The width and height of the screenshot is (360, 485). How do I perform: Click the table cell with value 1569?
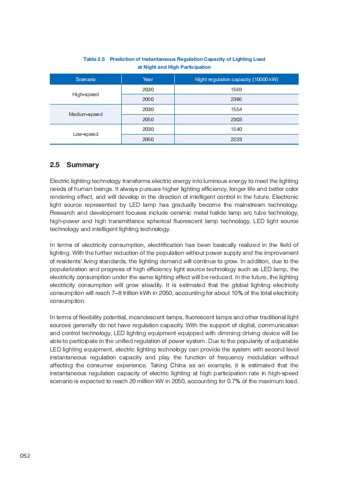tap(236, 90)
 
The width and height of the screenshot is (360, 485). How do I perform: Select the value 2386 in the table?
tap(236, 100)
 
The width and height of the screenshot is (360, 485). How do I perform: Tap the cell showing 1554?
tap(236, 109)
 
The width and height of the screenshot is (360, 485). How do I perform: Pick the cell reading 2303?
tap(236, 119)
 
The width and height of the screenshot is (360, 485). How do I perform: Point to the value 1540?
tap(236, 129)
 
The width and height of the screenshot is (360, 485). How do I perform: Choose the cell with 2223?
tap(236, 139)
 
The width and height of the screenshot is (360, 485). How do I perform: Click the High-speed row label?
tap(86, 94)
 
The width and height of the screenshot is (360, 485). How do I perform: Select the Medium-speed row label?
tap(86, 114)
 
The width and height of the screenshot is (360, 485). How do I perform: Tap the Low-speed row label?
tap(86, 134)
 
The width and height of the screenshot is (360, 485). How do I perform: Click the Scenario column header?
tap(86, 79)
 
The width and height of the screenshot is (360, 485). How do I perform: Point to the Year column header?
tap(148, 79)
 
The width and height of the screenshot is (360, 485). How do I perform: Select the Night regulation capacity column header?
tap(236, 79)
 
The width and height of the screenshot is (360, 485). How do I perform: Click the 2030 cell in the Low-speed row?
tap(148, 129)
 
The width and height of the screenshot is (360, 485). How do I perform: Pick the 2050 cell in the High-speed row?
tap(148, 100)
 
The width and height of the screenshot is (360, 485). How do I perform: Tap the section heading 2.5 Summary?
tap(74, 165)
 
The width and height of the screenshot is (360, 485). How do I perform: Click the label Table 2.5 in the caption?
tap(94, 59)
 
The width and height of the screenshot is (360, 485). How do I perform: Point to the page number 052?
tap(25, 456)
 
